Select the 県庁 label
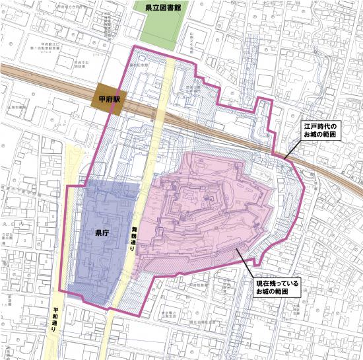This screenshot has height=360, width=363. click(102, 233)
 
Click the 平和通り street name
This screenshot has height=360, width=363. click(55, 318)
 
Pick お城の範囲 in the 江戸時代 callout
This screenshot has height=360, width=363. click(319, 135)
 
